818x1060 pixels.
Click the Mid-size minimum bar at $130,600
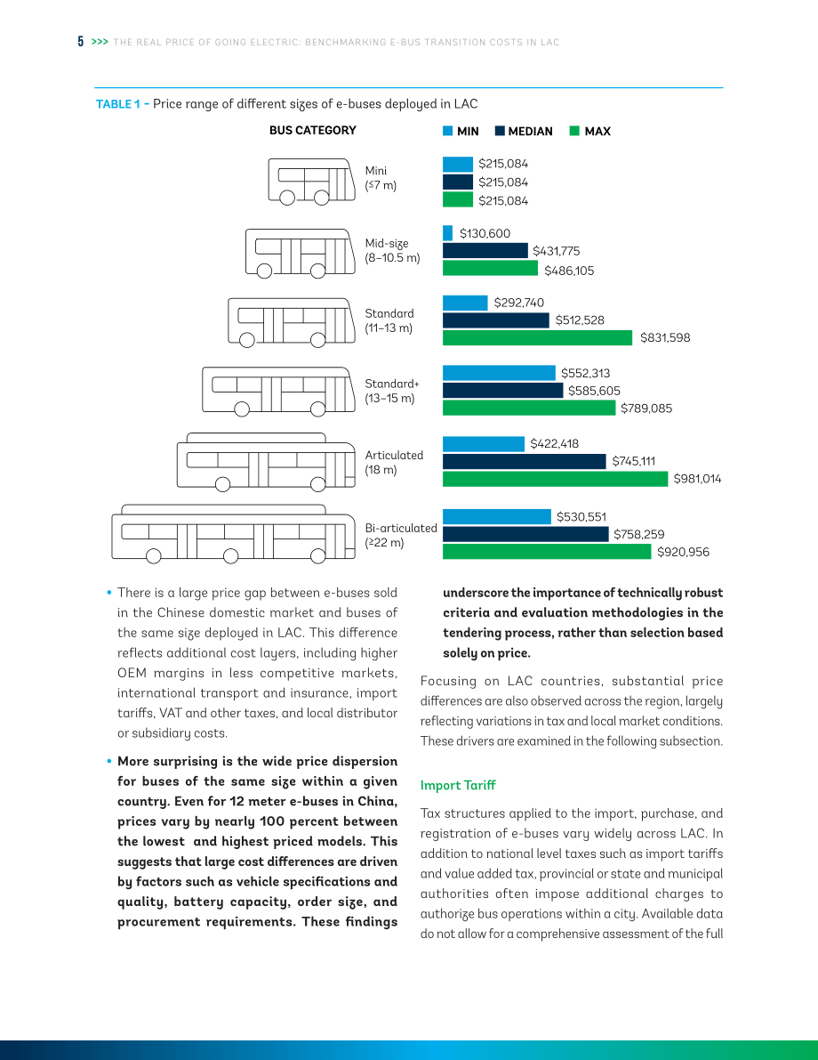448,233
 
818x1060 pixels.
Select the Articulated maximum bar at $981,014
555,480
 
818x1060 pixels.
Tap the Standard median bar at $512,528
496,320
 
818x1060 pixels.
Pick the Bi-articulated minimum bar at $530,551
497,516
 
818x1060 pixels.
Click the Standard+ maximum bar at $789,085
529,408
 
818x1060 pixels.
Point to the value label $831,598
665,338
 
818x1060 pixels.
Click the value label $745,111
634,461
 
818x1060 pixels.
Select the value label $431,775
556,251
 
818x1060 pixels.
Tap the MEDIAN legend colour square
500,131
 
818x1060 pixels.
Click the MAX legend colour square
575,131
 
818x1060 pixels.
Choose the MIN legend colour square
448,131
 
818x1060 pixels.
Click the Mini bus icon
311,182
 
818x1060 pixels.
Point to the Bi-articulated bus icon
233,534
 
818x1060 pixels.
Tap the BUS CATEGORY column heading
313,131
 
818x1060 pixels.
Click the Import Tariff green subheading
458,785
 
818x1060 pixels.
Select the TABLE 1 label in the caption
118,104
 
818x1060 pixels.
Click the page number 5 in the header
80,42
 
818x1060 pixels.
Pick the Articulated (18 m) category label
395,463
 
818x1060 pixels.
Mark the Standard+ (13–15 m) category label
392,391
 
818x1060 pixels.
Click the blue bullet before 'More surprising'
108,761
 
